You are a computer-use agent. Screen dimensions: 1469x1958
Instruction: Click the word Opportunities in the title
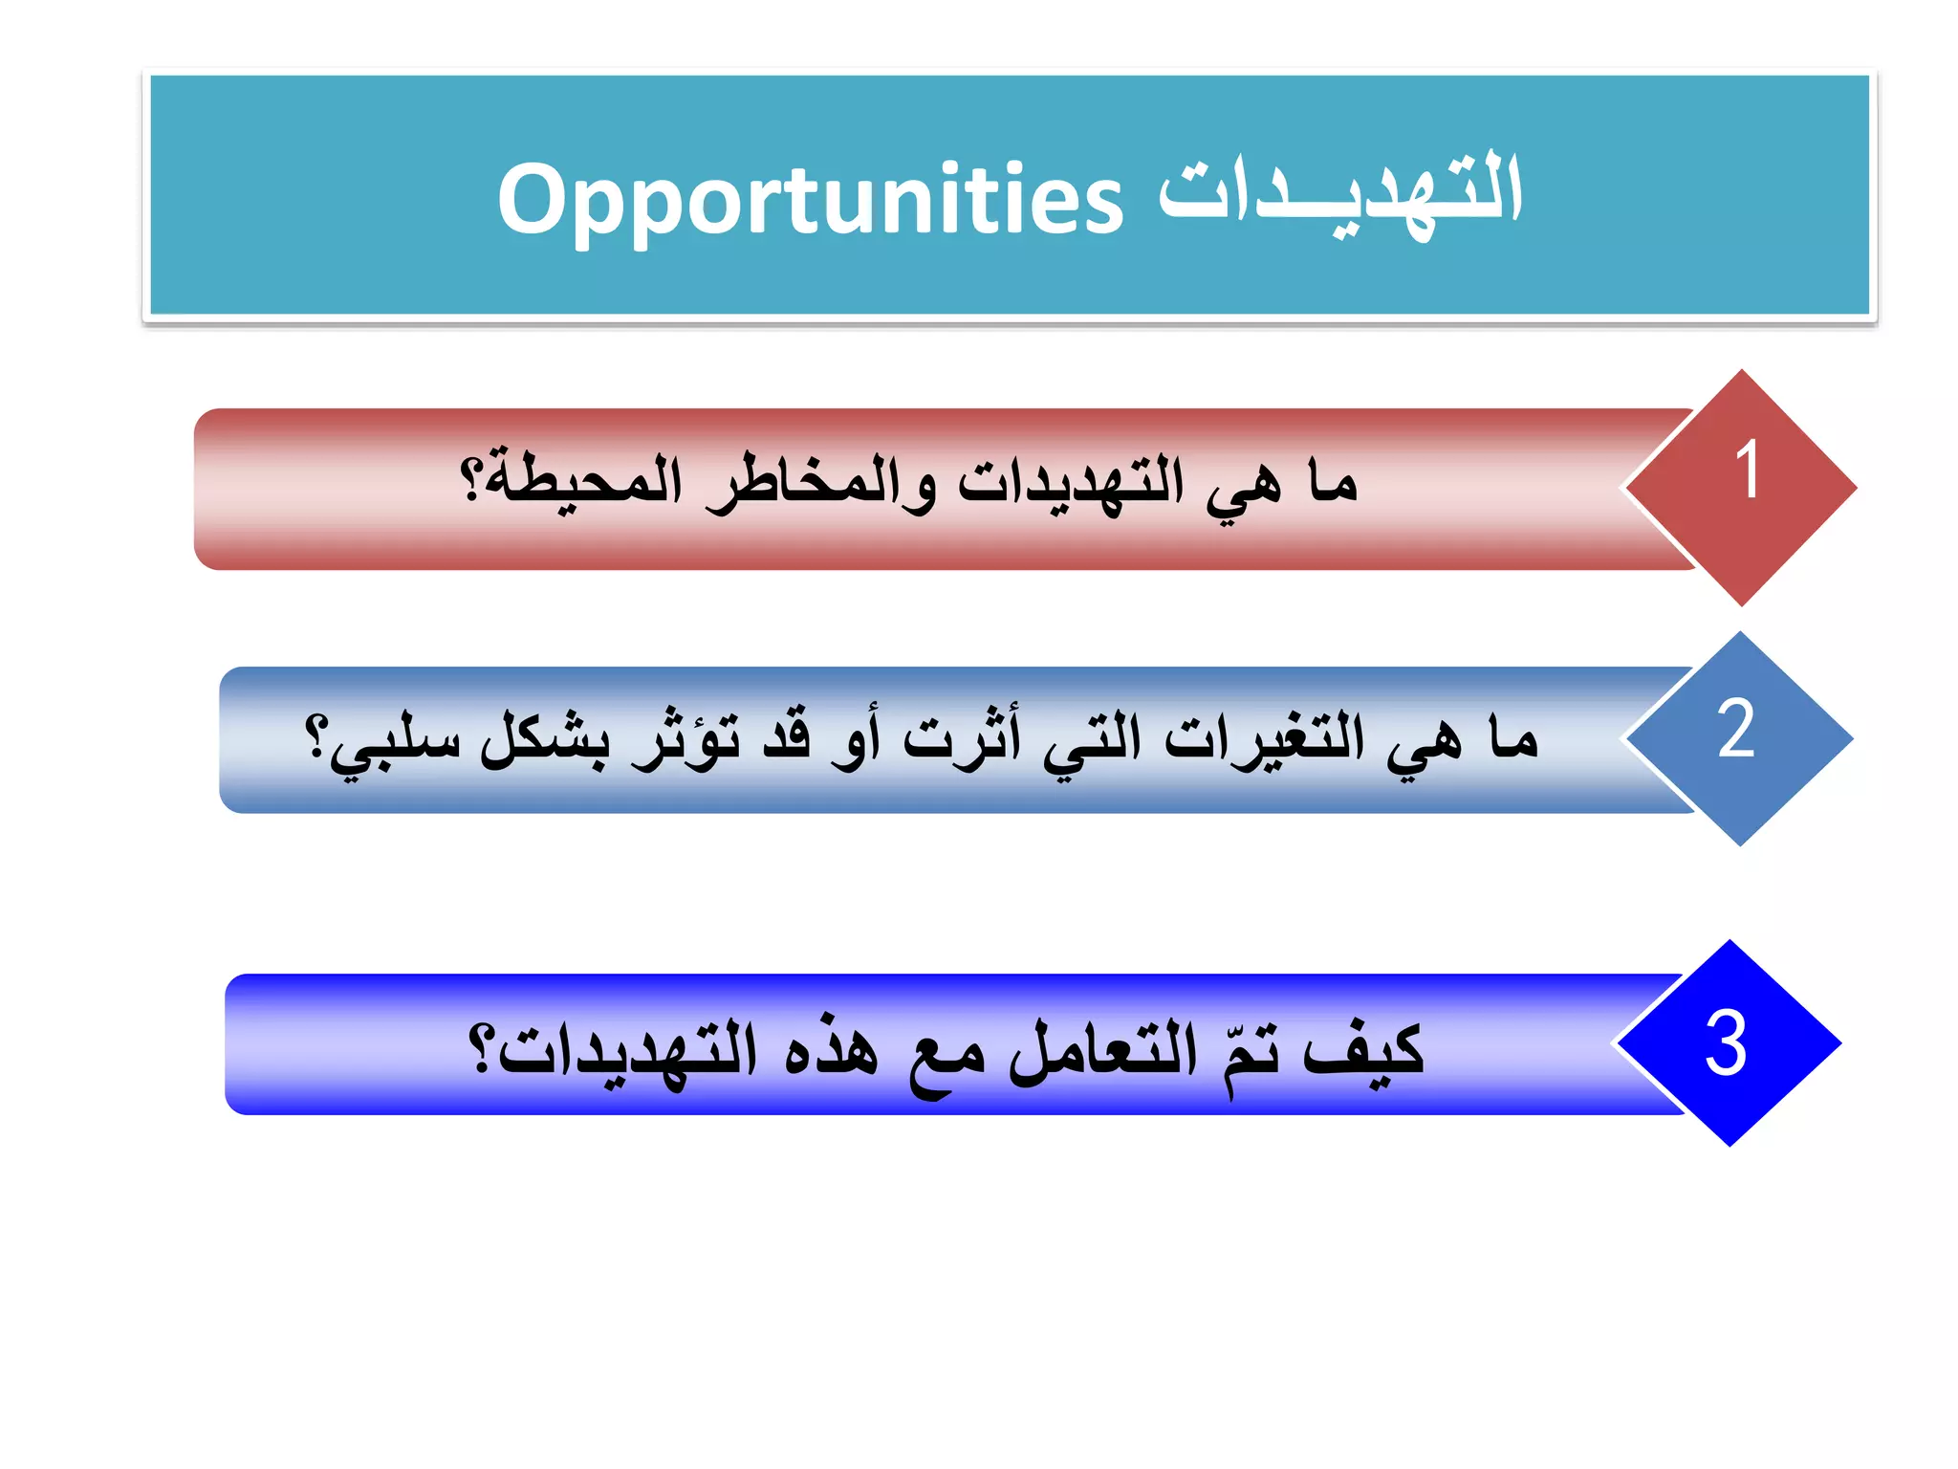point(810,199)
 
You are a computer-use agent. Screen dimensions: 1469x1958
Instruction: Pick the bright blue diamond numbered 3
point(1729,1042)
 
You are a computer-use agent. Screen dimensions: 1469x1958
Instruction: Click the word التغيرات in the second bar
point(1264,738)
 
